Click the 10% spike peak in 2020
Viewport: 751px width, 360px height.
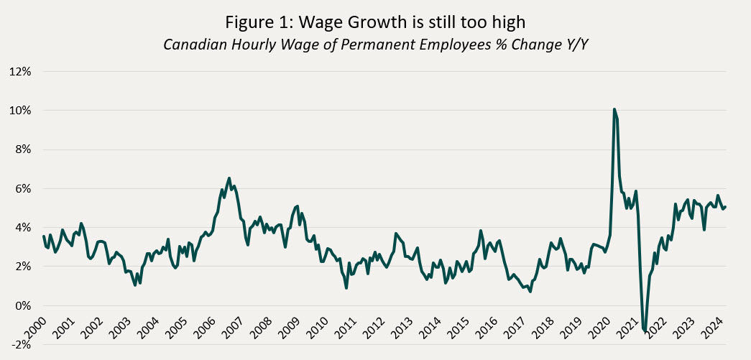coord(614,109)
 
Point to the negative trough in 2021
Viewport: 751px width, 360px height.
coord(645,331)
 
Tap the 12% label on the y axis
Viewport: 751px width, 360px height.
coord(20,72)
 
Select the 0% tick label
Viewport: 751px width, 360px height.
coord(23,305)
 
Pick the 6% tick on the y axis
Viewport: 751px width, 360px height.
coord(23,188)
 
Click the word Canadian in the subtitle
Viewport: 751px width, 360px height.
coord(190,45)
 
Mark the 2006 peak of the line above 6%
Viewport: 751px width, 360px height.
coord(229,178)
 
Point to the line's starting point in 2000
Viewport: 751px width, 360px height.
coord(43,236)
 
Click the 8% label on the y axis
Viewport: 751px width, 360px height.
coord(23,149)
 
